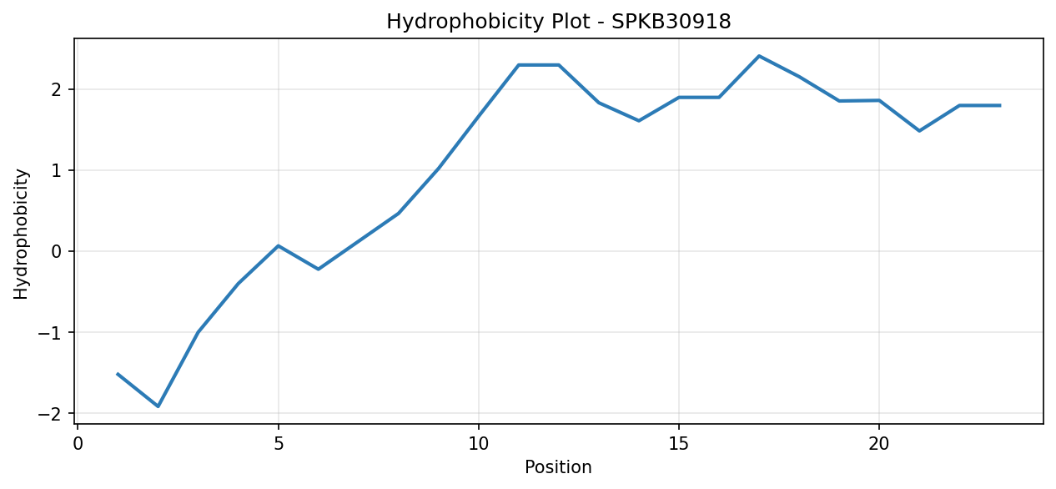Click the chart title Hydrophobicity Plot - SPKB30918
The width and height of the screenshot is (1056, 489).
[559, 22]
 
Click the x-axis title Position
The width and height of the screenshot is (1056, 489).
[558, 467]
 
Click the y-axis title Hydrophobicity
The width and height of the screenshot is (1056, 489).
[21, 234]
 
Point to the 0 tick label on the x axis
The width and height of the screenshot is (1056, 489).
[78, 444]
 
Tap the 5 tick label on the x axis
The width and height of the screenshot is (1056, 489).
[279, 444]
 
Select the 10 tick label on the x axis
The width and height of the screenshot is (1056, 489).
[479, 444]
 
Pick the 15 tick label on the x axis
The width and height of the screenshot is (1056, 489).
[679, 444]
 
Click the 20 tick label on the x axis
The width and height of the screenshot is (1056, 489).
[878, 444]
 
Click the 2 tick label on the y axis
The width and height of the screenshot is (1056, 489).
[57, 89]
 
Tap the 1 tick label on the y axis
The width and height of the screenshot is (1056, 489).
[57, 170]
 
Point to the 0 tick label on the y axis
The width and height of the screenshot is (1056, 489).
[57, 251]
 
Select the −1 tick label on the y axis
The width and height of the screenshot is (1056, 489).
[50, 332]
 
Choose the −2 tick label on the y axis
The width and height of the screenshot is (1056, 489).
[50, 414]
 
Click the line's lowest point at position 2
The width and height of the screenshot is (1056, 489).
[158, 406]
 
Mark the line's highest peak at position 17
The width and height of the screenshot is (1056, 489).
[758, 56]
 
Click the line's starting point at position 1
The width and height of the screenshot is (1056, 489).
[118, 374]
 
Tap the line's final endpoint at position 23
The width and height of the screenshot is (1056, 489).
[999, 106]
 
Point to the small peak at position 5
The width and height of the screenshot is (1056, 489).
[279, 245]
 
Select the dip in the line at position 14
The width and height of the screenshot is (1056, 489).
[639, 121]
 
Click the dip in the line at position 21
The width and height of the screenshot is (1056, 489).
[919, 131]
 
